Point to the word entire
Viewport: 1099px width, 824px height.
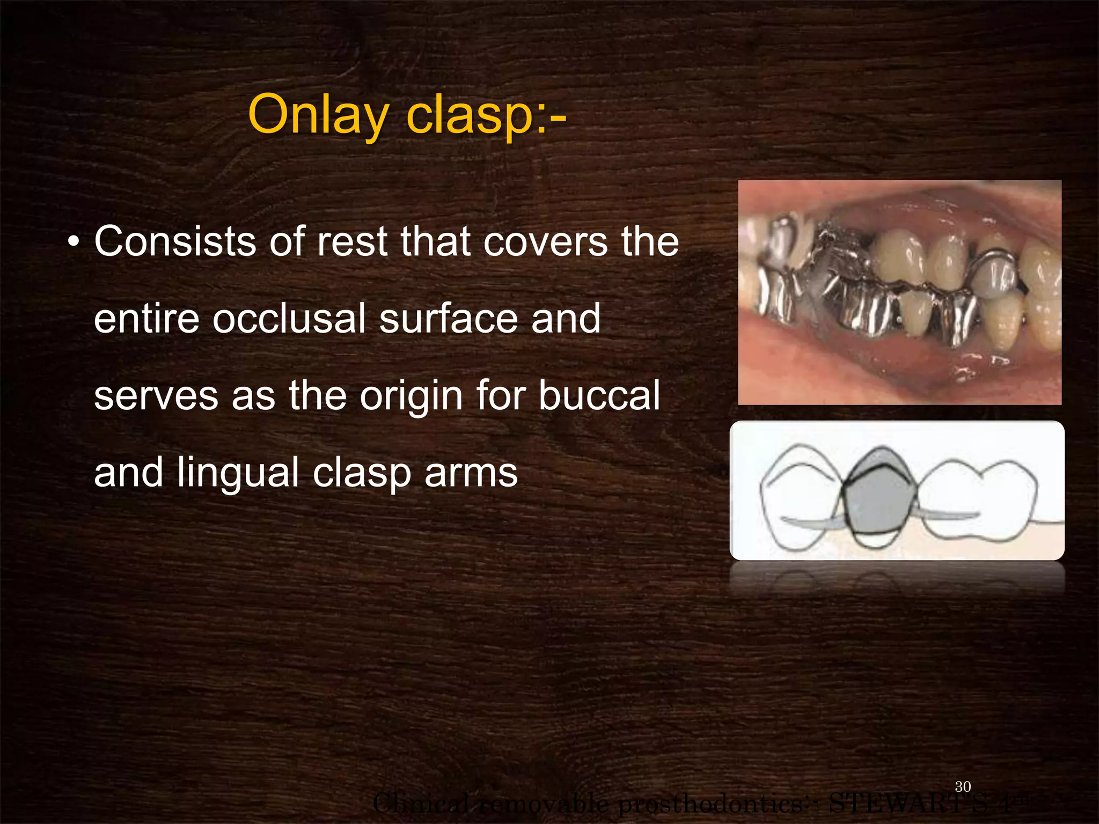click(x=146, y=319)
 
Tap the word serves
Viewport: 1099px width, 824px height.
click(x=156, y=395)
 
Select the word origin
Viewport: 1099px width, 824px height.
click(x=411, y=395)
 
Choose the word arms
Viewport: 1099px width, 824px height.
click(x=471, y=473)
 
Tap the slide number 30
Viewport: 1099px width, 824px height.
click(x=963, y=786)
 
